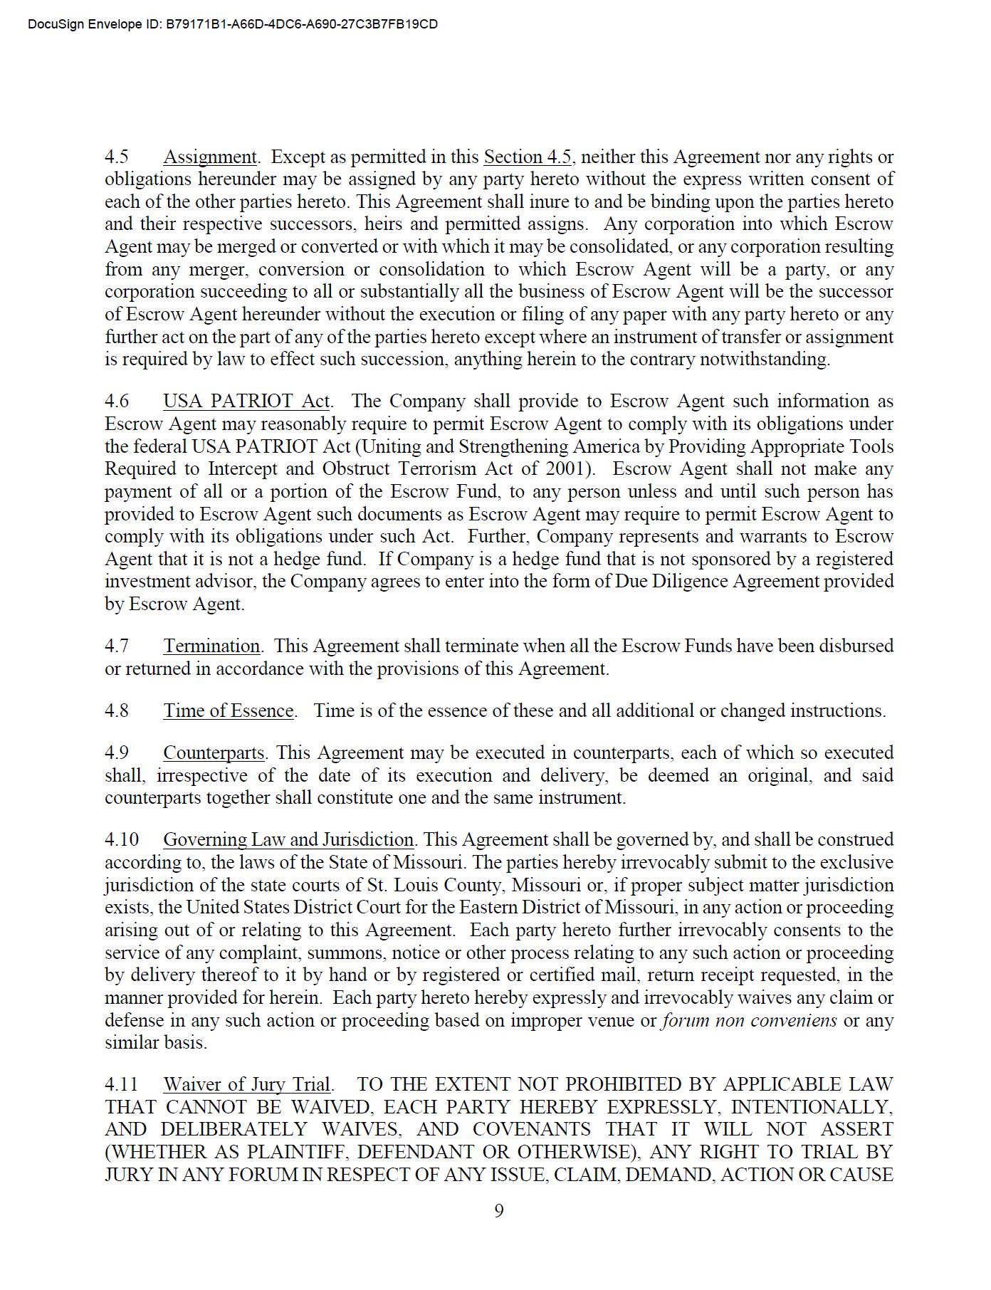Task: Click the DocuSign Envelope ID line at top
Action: (233, 24)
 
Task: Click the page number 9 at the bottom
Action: (499, 1210)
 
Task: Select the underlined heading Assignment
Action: (210, 157)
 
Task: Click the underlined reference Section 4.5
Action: (528, 157)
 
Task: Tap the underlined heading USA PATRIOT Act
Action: (246, 401)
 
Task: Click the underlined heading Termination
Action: (212, 646)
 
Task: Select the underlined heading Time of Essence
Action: (229, 710)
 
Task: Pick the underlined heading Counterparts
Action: (214, 752)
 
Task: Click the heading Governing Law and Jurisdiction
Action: (288, 839)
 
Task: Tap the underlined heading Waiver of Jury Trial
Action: (247, 1084)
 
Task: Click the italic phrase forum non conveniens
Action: (749, 1020)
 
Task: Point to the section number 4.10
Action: (122, 839)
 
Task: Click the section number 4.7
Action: (117, 646)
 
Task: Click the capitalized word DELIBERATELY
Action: (234, 1129)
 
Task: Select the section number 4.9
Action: (117, 752)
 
